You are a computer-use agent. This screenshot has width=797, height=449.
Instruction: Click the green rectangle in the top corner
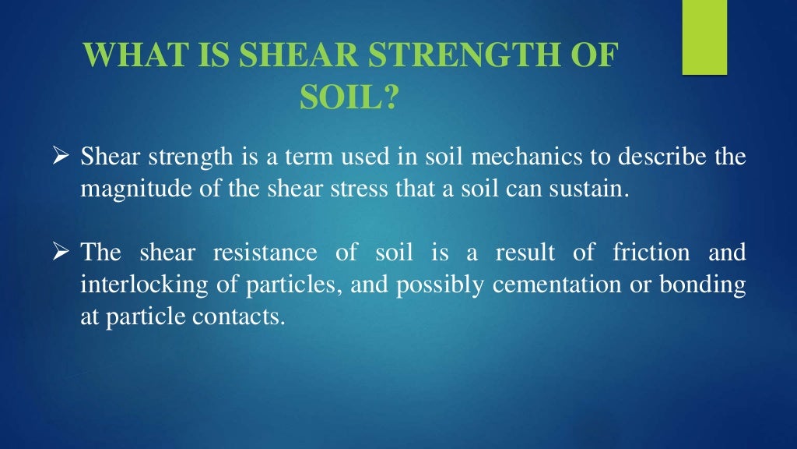(704, 37)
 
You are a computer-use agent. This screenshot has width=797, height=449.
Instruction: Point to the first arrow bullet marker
(65, 158)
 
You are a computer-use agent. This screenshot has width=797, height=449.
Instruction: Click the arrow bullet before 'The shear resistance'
(65, 253)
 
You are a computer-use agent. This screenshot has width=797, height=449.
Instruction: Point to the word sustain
(592, 190)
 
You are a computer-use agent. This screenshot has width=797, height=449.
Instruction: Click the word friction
(652, 253)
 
